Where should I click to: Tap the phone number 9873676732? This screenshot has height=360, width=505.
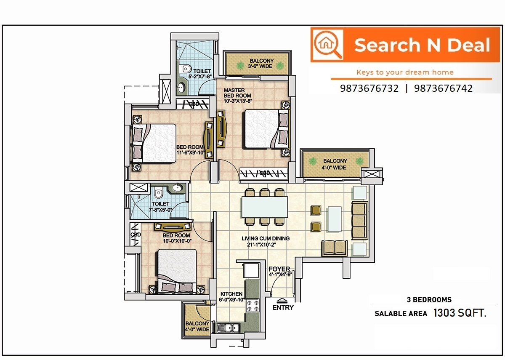369,88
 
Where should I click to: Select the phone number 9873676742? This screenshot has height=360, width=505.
443,88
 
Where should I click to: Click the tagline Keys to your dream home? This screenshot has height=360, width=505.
405,72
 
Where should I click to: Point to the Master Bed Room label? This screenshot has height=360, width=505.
238,96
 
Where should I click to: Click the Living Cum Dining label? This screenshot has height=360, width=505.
266,242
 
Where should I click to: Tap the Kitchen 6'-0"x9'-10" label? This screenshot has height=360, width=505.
231,296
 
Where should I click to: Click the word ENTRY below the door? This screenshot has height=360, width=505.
283,307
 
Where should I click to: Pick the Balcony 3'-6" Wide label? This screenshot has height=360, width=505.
261,64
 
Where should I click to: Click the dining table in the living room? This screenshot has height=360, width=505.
264,207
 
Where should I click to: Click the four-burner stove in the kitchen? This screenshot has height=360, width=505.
252,306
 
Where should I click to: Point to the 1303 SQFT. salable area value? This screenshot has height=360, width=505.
460,313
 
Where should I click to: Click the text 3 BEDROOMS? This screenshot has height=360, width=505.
429,300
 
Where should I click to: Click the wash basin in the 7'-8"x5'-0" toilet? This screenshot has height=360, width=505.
178,188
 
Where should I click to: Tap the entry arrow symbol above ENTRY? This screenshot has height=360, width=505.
282,301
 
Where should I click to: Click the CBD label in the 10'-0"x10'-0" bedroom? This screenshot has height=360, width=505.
136,235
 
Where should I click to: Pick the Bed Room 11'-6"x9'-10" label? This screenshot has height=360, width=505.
191,150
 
